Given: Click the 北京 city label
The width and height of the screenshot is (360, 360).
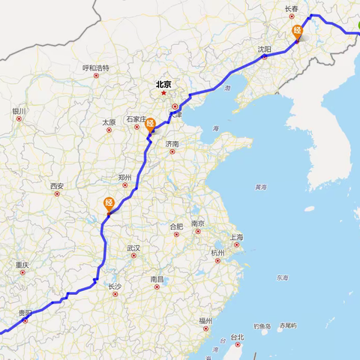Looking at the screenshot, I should [163, 84].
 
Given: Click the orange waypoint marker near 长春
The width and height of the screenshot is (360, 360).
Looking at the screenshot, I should [298, 32].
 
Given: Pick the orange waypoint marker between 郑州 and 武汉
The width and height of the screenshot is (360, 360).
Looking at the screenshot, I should [109, 202].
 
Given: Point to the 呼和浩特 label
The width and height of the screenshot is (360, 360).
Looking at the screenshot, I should [96, 67].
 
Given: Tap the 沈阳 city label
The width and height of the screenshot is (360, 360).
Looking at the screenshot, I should [265, 49].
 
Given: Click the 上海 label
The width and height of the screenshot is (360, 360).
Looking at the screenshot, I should [237, 237].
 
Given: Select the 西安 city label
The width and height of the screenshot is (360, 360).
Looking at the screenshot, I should [57, 185].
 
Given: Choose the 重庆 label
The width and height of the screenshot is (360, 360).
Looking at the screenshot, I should [22, 265].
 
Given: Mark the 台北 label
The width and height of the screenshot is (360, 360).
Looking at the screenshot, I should [237, 337].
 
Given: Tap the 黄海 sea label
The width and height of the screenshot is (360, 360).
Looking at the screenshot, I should [260, 187].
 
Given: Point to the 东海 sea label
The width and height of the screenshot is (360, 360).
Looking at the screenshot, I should [281, 278].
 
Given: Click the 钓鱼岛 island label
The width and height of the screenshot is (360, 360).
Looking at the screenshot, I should [262, 326].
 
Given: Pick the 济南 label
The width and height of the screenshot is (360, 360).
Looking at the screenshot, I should [172, 143].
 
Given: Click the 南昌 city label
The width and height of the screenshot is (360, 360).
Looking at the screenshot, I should [157, 279].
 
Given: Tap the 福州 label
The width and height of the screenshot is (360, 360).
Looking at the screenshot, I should [205, 320].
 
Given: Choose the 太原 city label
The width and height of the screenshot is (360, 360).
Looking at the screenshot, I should [109, 121].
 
